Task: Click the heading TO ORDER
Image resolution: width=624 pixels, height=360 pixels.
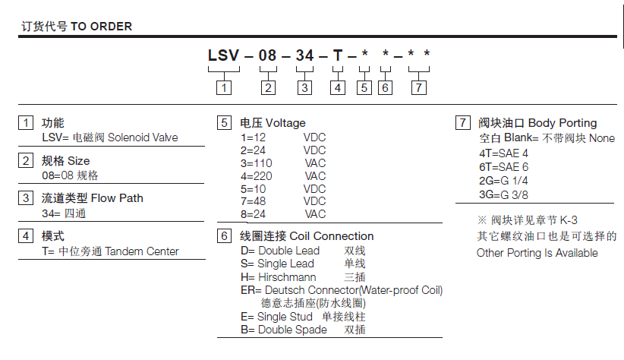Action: pos(101,27)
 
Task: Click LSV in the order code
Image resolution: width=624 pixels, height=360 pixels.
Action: pos(224,55)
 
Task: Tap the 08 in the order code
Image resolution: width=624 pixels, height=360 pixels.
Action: pos(267,55)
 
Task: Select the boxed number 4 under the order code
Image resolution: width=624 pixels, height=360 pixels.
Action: pos(338,87)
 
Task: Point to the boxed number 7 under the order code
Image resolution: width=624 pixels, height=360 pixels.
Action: pos(418,87)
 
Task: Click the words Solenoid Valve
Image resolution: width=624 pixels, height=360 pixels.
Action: pos(143,137)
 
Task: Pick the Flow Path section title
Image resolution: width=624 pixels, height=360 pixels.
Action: pos(117,198)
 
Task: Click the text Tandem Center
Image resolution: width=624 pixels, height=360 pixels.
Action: pos(142,251)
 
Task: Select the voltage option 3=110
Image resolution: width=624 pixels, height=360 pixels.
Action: pos(257,163)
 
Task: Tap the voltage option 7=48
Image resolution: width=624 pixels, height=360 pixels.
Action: pos(253,201)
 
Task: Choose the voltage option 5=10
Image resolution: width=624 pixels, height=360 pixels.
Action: pos(253,189)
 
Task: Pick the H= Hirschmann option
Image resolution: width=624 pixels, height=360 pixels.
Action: pos(278,276)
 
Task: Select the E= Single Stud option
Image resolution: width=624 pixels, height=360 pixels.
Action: pos(276,317)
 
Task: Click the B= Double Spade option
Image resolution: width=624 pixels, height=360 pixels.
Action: pos(284,330)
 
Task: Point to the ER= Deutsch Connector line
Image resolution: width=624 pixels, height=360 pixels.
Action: pos(342,290)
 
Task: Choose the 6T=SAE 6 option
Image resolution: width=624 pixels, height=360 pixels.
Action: pos(503,167)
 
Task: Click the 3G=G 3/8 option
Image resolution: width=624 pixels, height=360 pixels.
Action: pos(503,194)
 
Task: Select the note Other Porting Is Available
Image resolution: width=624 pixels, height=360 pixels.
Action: pos(537,253)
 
